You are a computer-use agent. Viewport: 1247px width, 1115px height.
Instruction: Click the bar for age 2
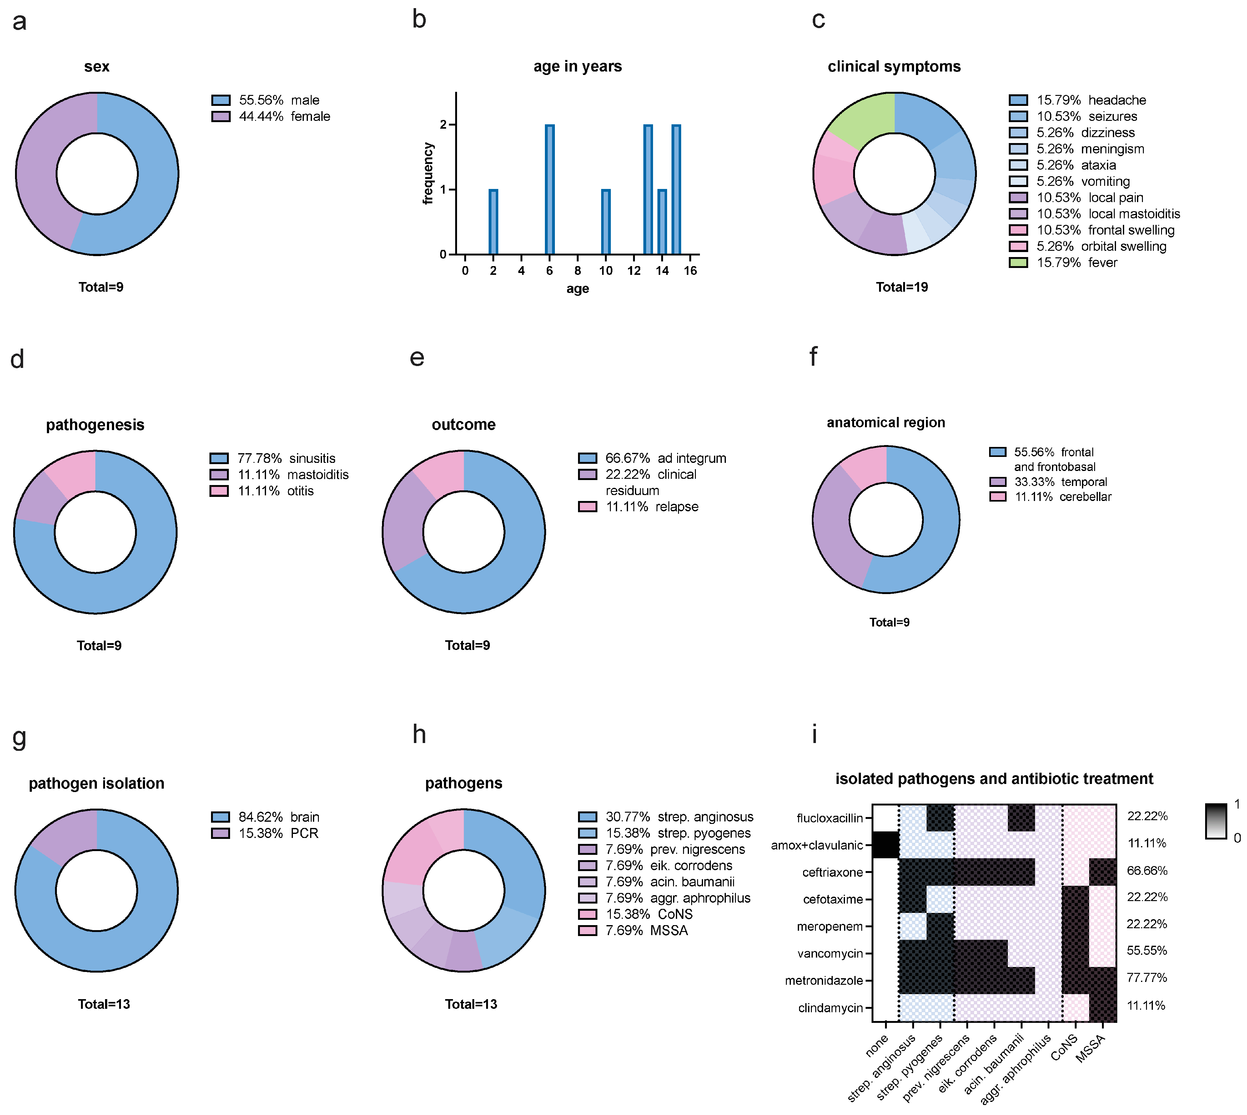click(x=493, y=222)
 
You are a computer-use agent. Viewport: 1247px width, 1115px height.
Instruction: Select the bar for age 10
click(x=606, y=222)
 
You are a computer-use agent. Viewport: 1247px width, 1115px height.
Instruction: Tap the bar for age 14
click(x=662, y=222)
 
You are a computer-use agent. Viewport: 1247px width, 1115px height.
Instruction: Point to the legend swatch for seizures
click(x=1018, y=116)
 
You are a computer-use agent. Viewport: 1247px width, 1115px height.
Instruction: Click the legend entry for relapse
click(x=652, y=507)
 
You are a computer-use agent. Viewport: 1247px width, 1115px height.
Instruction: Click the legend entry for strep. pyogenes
click(x=678, y=833)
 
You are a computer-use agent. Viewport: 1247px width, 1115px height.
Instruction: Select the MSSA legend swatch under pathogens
click(x=587, y=931)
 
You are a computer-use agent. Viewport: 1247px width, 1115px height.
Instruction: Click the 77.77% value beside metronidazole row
click(x=1146, y=978)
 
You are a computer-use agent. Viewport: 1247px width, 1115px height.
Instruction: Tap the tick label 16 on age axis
click(x=690, y=271)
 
